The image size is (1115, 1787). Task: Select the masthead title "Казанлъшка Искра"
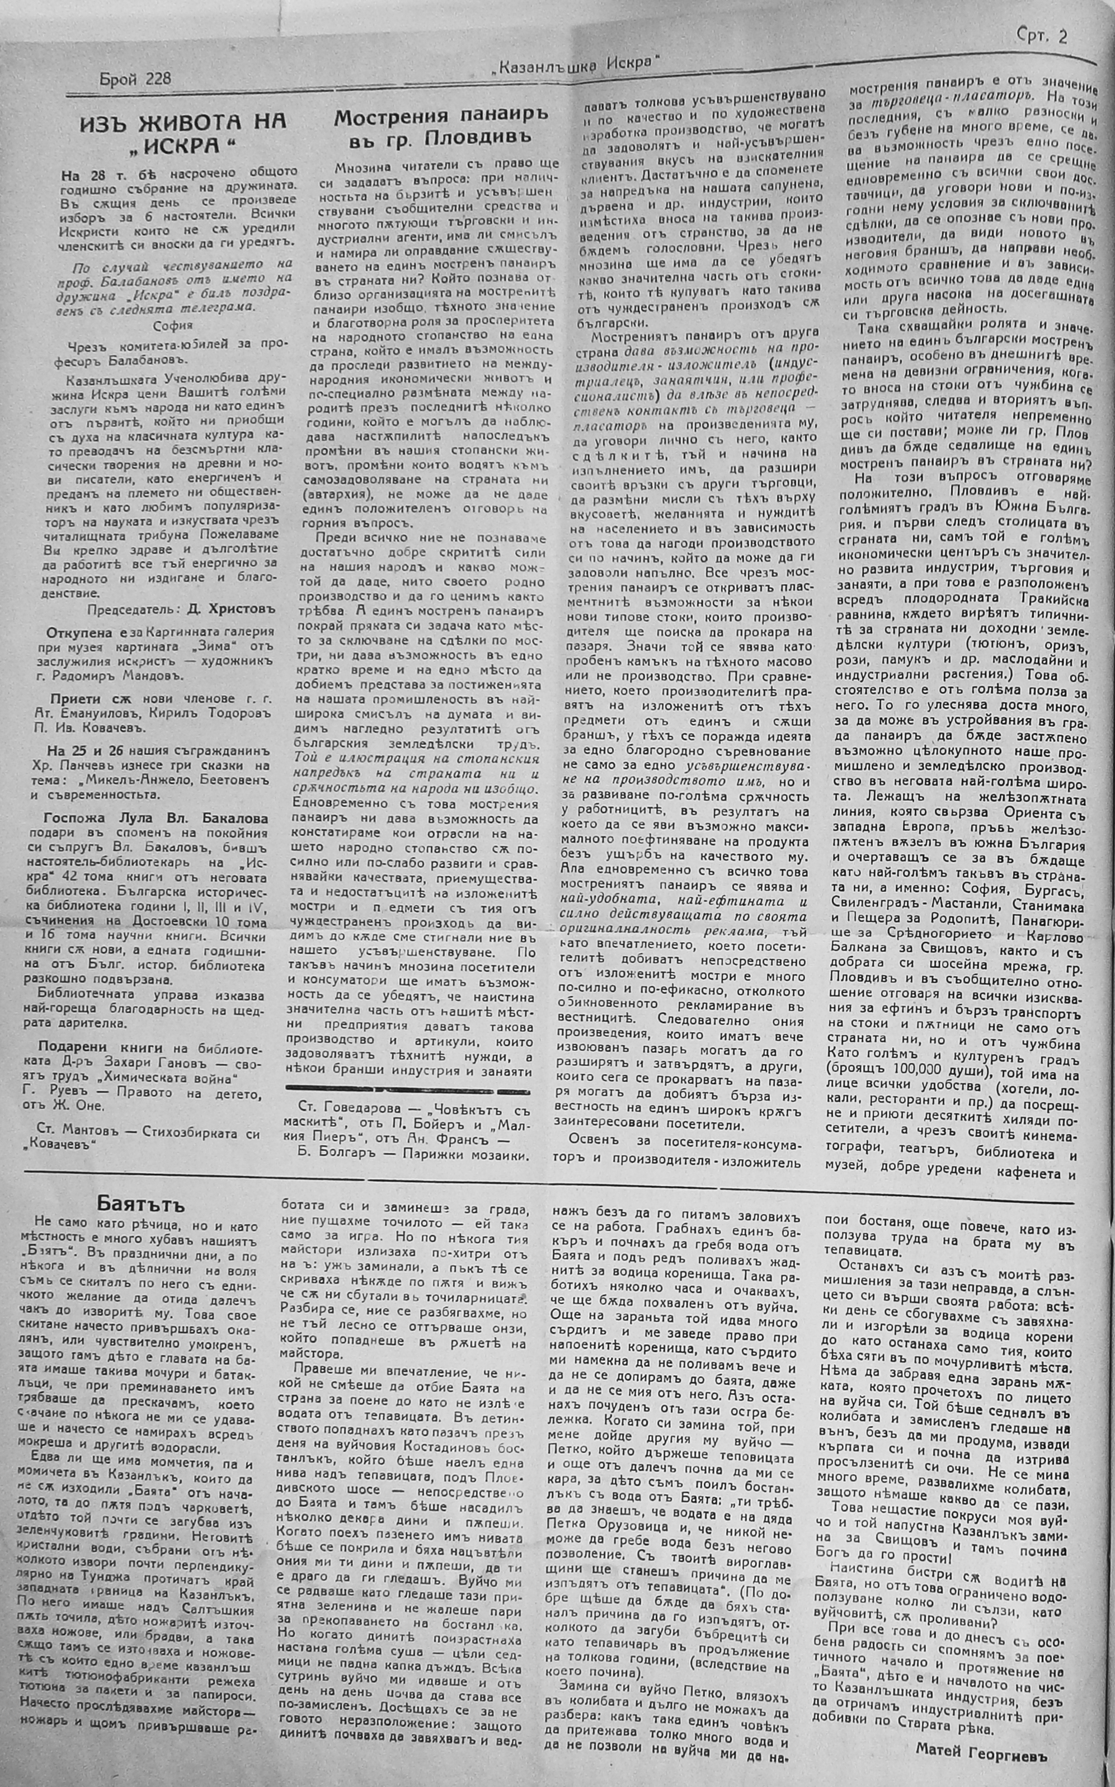575,65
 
